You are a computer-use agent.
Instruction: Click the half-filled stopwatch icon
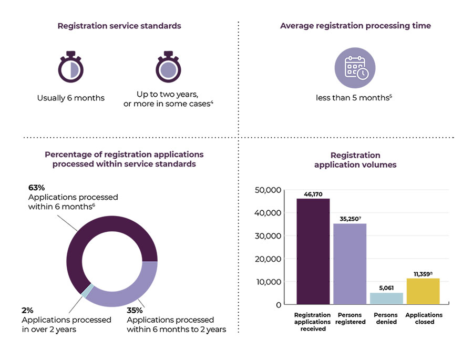(71, 68)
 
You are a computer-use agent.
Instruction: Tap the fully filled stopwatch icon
(168, 68)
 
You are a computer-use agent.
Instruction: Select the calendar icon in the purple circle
(355, 68)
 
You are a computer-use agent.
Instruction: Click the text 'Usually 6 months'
(71, 98)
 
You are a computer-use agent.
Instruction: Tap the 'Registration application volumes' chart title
(355, 160)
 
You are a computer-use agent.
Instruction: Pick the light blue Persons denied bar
(386, 299)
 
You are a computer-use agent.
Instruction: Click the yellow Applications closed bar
(423, 291)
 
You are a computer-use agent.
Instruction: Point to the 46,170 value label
(313, 194)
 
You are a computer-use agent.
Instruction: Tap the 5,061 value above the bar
(386, 288)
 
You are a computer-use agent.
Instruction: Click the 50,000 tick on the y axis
(268, 190)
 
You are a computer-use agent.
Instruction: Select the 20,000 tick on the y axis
(268, 259)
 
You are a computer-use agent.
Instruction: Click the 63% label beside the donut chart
(36, 188)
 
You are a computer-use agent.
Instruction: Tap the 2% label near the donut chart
(27, 311)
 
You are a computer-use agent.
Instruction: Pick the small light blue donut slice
(89, 291)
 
